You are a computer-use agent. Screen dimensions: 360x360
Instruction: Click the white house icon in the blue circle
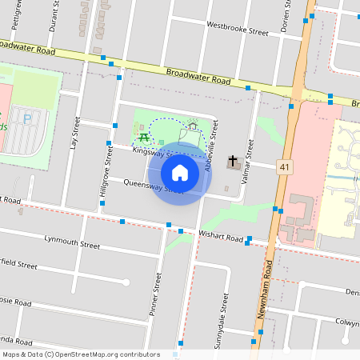(x=180, y=172)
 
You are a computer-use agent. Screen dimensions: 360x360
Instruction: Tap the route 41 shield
(x=284, y=166)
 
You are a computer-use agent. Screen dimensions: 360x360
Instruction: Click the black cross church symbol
(x=233, y=162)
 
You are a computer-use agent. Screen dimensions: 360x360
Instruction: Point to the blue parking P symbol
(x=27, y=120)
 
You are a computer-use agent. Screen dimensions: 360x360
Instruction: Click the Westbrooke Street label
(x=237, y=30)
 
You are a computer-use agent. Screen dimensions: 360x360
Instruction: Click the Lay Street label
(x=76, y=134)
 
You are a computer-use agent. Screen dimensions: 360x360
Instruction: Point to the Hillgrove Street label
(x=104, y=170)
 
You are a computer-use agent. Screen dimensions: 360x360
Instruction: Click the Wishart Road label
(x=221, y=238)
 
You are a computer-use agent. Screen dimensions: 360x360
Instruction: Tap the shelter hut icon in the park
(x=192, y=126)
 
